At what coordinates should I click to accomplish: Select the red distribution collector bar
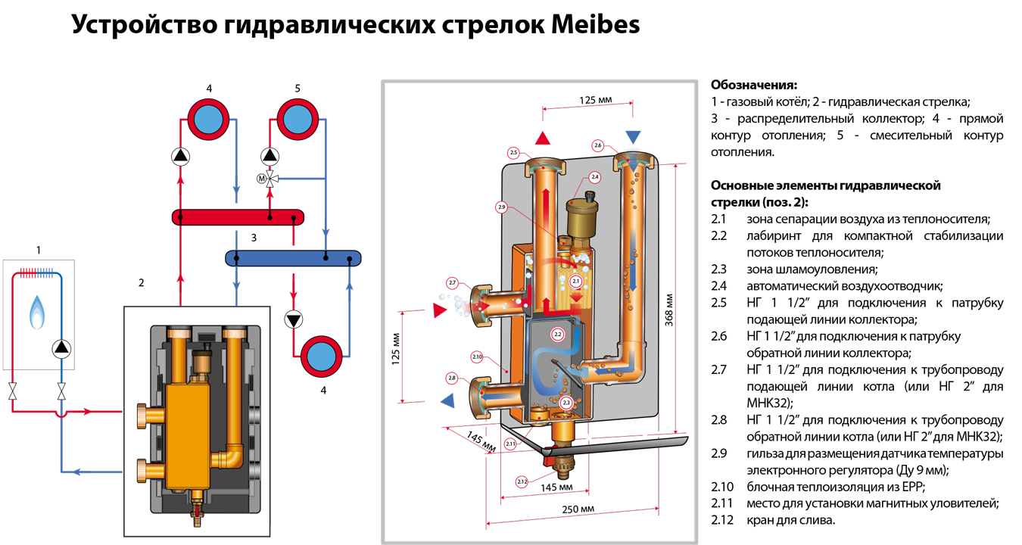point(238,217)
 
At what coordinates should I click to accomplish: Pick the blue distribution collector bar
point(293,258)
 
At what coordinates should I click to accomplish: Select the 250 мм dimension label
point(578,509)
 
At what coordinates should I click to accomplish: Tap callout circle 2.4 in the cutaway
point(594,177)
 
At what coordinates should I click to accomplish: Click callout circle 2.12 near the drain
point(522,481)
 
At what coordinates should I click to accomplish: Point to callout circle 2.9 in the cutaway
point(501,207)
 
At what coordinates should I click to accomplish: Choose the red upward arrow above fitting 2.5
point(543,138)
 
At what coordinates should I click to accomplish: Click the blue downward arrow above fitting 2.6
point(633,137)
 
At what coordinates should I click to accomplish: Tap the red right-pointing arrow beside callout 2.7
point(438,310)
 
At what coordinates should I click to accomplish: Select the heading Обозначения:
point(754,84)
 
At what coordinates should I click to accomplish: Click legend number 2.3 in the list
point(718,269)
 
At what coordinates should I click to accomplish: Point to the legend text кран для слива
point(790,520)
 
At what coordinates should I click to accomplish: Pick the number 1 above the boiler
point(39,249)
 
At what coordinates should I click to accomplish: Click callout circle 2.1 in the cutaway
point(575,282)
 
